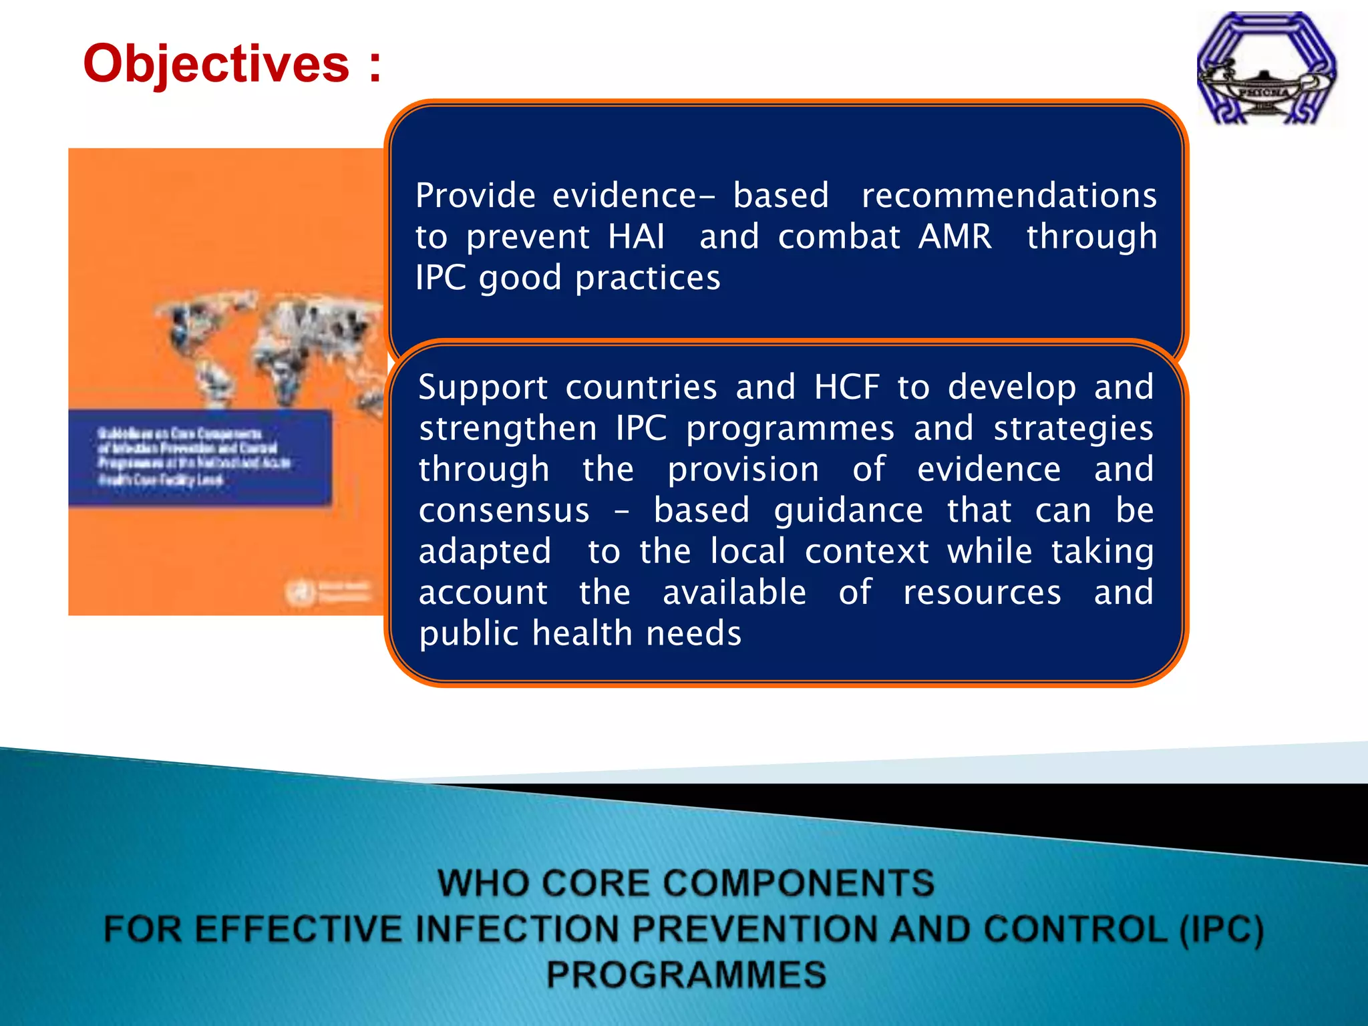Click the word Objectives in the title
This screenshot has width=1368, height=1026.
[x=216, y=64]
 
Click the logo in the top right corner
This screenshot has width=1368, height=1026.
[x=1266, y=68]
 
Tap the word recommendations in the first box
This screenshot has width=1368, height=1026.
[x=1009, y=196]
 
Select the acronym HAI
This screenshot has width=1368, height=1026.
[x=636, y=236]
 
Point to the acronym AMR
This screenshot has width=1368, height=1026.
[x=955, y=236]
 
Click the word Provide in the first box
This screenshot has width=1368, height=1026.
[x=475, y=196]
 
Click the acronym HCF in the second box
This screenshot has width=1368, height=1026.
[x=846, y=387]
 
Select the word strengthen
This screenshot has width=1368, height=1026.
[x=508, y=428]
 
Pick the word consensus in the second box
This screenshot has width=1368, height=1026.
[x=504, y=510]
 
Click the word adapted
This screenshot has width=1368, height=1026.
[x=485, y=552]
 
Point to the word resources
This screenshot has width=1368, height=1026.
[x=982, y=592]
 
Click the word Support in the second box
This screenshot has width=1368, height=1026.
[x=483, y=387]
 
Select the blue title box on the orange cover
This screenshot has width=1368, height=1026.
[x=200, y=457]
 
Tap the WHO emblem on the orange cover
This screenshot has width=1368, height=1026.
[x=299, y=592]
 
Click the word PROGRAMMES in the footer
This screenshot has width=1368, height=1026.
[x=686, y=975]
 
